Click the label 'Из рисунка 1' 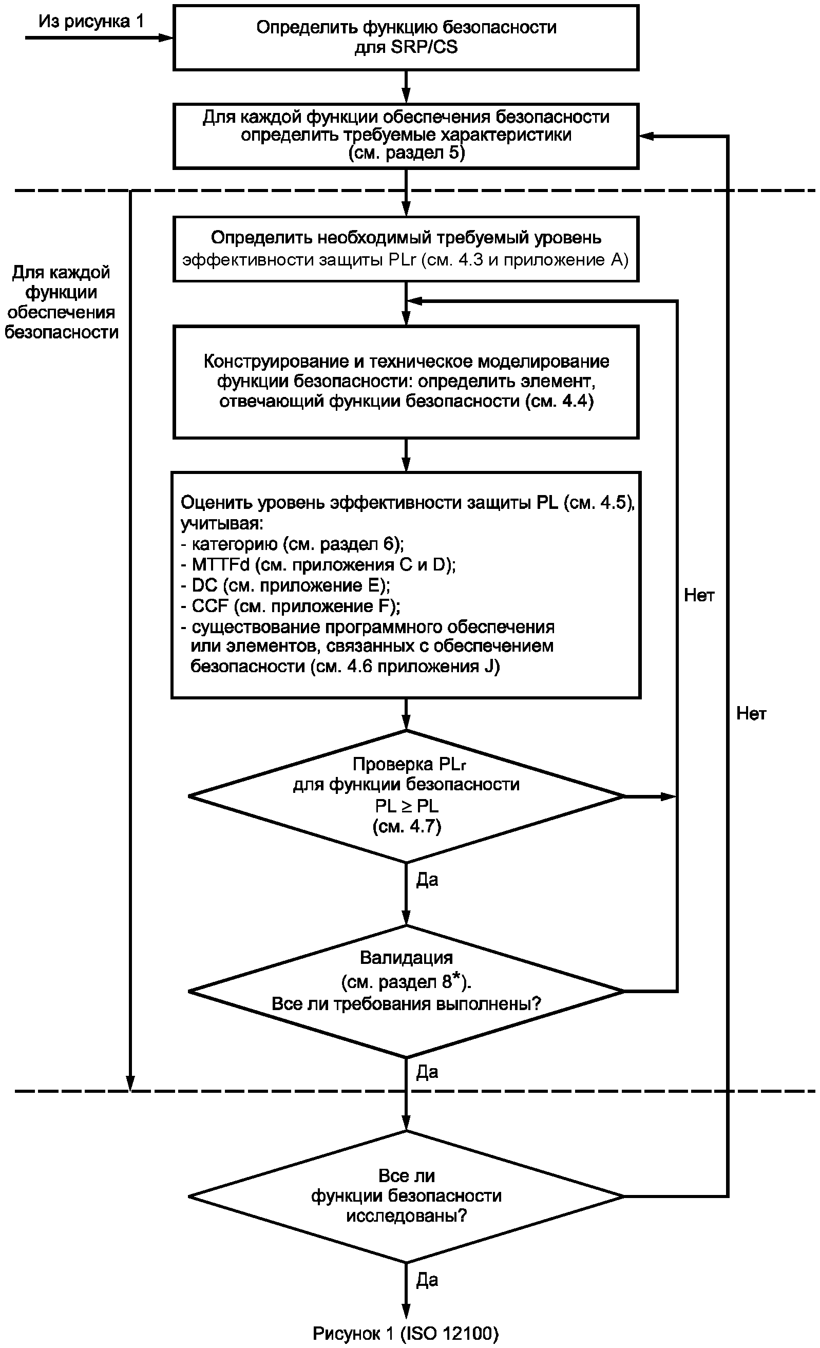click(91, 22)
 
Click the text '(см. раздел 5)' click(406, 153)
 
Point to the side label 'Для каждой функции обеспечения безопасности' click(61, 302)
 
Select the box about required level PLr click(406, 249)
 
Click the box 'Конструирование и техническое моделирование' click(406, 382)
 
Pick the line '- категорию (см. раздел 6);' click(292, 544)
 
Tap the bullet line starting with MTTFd click(318, 564)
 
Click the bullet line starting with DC click(285, 585)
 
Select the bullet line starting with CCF click(291, 606)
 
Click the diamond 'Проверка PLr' click(406, 796)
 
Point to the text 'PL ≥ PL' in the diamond click(406, 806)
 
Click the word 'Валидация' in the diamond click(406, 957)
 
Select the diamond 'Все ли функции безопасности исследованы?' click(406, 1197)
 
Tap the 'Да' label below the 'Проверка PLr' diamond click(427, 880)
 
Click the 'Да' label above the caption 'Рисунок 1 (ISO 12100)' click(427, 1280)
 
